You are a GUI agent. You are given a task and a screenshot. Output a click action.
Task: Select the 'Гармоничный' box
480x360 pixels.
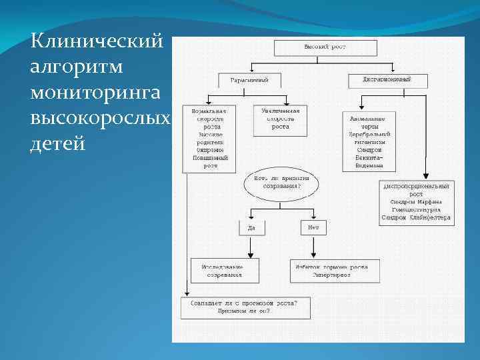pos(249,80)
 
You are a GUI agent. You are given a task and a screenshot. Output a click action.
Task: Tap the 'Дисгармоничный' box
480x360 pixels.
pos(387,80)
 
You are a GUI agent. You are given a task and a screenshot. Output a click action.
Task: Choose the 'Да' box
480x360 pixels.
pos(251,228)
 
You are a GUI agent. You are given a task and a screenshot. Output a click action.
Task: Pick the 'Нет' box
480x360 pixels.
pos(313,228)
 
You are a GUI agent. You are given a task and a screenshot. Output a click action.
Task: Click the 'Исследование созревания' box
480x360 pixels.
pos(221,270)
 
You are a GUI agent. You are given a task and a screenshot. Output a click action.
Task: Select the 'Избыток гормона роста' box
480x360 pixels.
pos(334,270)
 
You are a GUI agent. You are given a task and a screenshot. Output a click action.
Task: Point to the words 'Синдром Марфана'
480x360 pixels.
pos(416,201)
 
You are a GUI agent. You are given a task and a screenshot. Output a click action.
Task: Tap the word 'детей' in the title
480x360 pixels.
pos(59,143)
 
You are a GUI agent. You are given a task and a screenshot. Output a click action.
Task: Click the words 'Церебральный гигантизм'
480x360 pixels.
pos(369,138)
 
